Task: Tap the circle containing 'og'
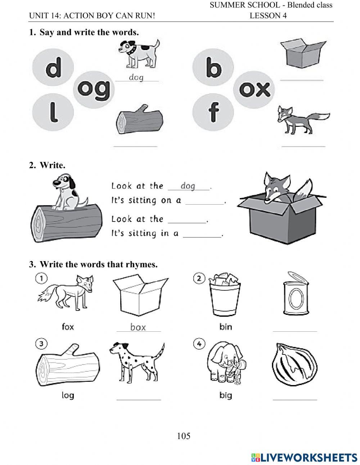pyautogui.click(x=94, y=90)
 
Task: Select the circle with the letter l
pyautogui.click(x=53, y=112)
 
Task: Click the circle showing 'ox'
pyautogui.click(x=254, y=90)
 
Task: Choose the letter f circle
pyautogui.click(x=213, y=112)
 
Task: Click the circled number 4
pyautogui.click(x=199, y=344)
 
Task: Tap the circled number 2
pyautogui.click(x=199, y=278)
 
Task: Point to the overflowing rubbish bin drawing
pyautogui.click(x=225, y=294)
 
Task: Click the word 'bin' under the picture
pyautogui.click(x=225, y=327)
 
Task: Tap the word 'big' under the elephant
pyautogui.click(x=226, y=395)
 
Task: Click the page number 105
pyautogui.click(x=184, y=436)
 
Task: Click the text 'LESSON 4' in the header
pyautogui.click(x=268, y=15)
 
